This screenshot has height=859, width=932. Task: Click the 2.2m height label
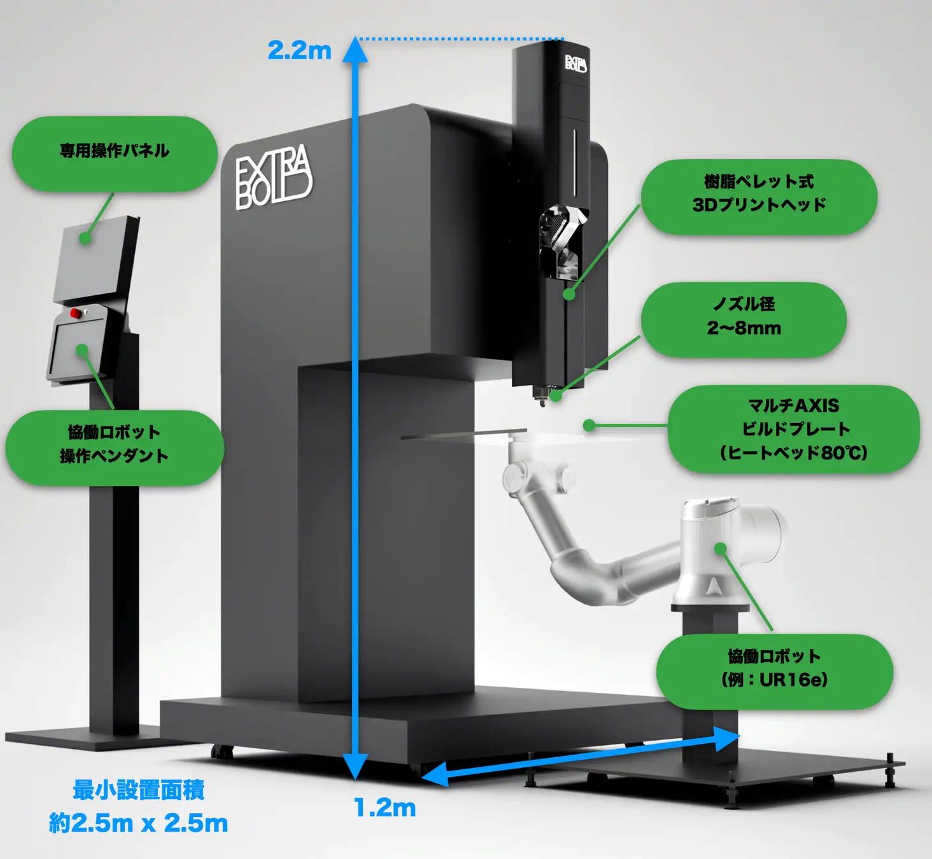[x=299, y=50]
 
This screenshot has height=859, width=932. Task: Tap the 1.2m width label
[x=385, y=808]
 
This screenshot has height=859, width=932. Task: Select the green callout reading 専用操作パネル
[x=115, y=153]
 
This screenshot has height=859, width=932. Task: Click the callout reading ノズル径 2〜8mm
[x=744, y=318]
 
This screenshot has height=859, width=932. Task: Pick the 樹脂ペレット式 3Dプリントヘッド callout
[x=758, y=195]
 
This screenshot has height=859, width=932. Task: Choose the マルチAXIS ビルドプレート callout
[x=793, y=429]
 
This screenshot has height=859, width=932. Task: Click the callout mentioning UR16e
[x=774, y=669]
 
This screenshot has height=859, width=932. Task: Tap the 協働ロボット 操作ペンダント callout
[x=115, y=445]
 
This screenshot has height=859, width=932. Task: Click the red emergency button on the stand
[x=75, y=312]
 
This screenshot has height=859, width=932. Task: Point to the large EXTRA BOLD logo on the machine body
[x=273, y=178]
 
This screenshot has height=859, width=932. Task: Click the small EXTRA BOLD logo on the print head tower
[x=575, y=64]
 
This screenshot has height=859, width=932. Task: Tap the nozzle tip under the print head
[x=542, y=401]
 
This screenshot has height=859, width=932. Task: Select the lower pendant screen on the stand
[x=79, y=349]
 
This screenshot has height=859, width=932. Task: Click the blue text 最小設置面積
[x=138, y=790]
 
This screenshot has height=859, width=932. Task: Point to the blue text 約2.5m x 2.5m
[x=138, y=823]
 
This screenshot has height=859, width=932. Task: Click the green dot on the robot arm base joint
[x=720, y=548]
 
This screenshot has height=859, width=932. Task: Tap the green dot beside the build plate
[x=590, y=425]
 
